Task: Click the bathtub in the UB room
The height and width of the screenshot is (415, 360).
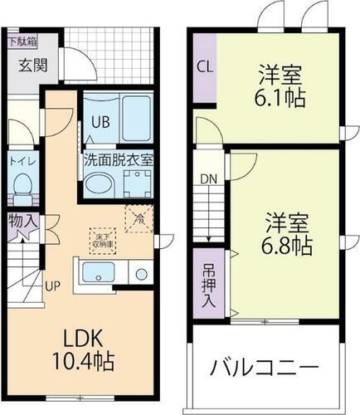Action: click(x=133, y=119)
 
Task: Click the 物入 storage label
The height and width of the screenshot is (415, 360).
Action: click(x=21, y=222)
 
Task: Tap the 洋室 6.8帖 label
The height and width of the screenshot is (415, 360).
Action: click(x=287, y=233)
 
